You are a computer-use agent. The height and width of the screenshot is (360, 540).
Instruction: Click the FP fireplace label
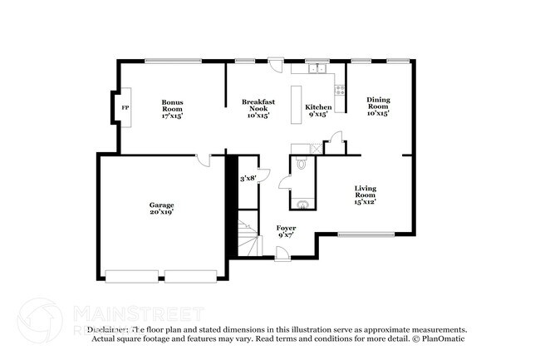point(125,108)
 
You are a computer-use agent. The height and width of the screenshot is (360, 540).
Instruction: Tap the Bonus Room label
point(172,108)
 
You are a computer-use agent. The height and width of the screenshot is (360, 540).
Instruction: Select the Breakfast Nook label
point(258,108)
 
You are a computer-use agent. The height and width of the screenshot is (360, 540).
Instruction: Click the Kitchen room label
point(318,110)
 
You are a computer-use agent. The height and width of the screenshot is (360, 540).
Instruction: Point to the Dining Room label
point(378,106)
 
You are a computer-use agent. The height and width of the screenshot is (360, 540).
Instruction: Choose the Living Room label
point(366,195)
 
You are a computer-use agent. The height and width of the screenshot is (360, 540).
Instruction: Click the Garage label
point(161,208)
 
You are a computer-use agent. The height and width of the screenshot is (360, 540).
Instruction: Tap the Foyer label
point(286,231)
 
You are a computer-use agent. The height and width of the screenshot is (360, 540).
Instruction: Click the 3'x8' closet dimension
point(248,178)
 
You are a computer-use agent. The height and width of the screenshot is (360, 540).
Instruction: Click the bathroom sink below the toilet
point(303,202)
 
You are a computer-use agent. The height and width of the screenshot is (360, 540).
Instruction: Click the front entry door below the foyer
point(282,254)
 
